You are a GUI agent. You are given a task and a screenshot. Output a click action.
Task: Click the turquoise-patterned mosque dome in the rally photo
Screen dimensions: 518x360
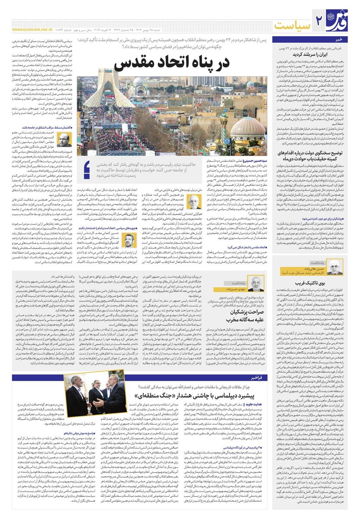pos(248,126)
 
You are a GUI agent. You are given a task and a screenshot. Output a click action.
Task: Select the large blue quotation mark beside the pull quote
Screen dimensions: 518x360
pos(88,169)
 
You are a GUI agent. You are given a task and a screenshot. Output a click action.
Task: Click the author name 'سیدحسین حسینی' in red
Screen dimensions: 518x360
pos(255,160)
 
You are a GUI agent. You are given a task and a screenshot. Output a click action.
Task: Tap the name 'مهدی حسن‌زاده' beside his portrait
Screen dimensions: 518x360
pos(233,289)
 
